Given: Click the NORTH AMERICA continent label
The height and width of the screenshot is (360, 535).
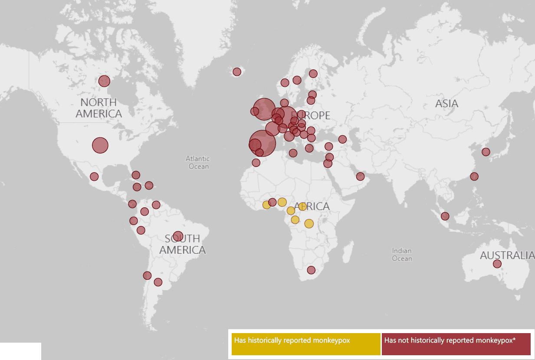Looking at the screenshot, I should pos(98,108).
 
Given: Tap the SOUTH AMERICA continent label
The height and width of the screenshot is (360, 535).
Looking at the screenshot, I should pos(182,244).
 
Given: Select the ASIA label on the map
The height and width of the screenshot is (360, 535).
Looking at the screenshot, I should pos(446,104).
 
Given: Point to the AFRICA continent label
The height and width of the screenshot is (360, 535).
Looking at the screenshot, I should pos(312,206).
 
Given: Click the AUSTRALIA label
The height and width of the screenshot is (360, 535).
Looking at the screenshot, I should pos(507,255).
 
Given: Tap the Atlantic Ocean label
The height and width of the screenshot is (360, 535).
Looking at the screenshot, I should pos(198,163).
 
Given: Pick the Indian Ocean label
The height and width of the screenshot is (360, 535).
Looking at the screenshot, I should pos(402,255).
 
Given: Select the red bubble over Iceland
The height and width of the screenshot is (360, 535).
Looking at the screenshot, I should pos(237,72).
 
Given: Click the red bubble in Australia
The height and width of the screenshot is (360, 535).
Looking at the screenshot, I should pos(497,264).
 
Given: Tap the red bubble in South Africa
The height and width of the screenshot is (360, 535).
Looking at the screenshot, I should pos(311,270).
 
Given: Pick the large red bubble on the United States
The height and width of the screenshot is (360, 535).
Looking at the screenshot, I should pos(100,145).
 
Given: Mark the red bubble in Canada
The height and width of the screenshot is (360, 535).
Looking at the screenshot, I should pos(104,81).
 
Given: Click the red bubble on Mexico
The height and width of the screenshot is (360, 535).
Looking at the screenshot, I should pos(94,177).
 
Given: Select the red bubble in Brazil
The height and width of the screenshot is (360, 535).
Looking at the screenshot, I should pos(178,236).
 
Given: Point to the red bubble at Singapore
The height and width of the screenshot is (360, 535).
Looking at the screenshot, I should pos(445,216).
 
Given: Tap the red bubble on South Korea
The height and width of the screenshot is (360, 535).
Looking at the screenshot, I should pos(486,152).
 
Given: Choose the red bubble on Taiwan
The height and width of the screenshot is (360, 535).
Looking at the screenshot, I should pos(474,177).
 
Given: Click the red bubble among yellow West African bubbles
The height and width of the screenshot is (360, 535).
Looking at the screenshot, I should pos(272,202).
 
